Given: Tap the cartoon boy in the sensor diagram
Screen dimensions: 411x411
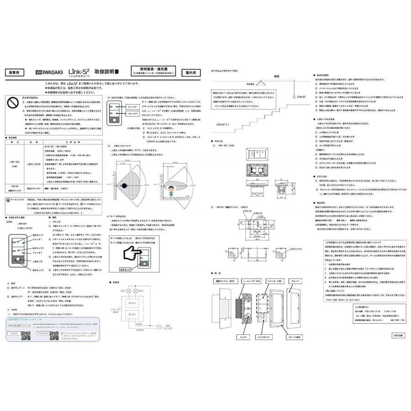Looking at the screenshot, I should pyautogui.click(x=170, y=189).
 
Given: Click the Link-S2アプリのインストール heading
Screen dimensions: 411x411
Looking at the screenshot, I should pyautogui.click(x=26, y=321).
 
